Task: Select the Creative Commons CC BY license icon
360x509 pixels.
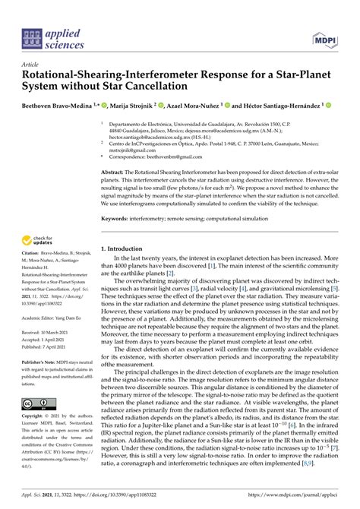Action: point(39,404)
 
